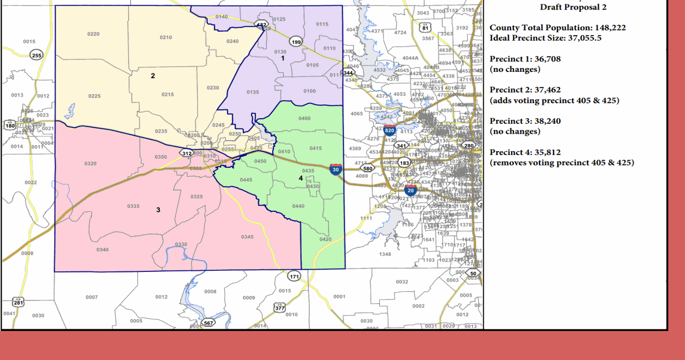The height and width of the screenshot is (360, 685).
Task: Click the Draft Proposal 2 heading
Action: [x=573, y=7]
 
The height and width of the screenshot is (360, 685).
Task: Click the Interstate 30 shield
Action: [x=335, y=169]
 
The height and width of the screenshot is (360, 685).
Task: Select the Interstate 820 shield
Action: [x=389, y=130]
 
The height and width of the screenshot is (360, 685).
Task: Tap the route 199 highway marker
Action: [x=296, y=42]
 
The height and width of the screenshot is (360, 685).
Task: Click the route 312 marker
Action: [x=187, y=153]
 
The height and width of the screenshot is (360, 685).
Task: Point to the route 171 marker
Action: [x=294, y=276]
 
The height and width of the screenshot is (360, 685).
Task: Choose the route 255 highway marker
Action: [x=36, y=55]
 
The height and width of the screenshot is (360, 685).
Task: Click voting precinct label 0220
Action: [x=94, y=35]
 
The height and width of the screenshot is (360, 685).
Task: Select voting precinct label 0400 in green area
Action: [x=305, y=119]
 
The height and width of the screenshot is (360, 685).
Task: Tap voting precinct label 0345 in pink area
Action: [x=247, y=237]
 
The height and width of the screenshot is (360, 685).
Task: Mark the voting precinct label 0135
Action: [x=253, y=92]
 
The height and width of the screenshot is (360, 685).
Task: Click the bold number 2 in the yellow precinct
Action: [x=153, y=76]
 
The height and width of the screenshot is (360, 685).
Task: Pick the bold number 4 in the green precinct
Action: [x=301, y=178]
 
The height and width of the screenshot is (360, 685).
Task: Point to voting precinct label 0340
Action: [x=102, y=250]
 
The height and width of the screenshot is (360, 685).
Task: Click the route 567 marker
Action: [x=208, y=323]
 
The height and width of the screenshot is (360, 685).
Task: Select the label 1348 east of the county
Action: [x=385, y=254]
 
